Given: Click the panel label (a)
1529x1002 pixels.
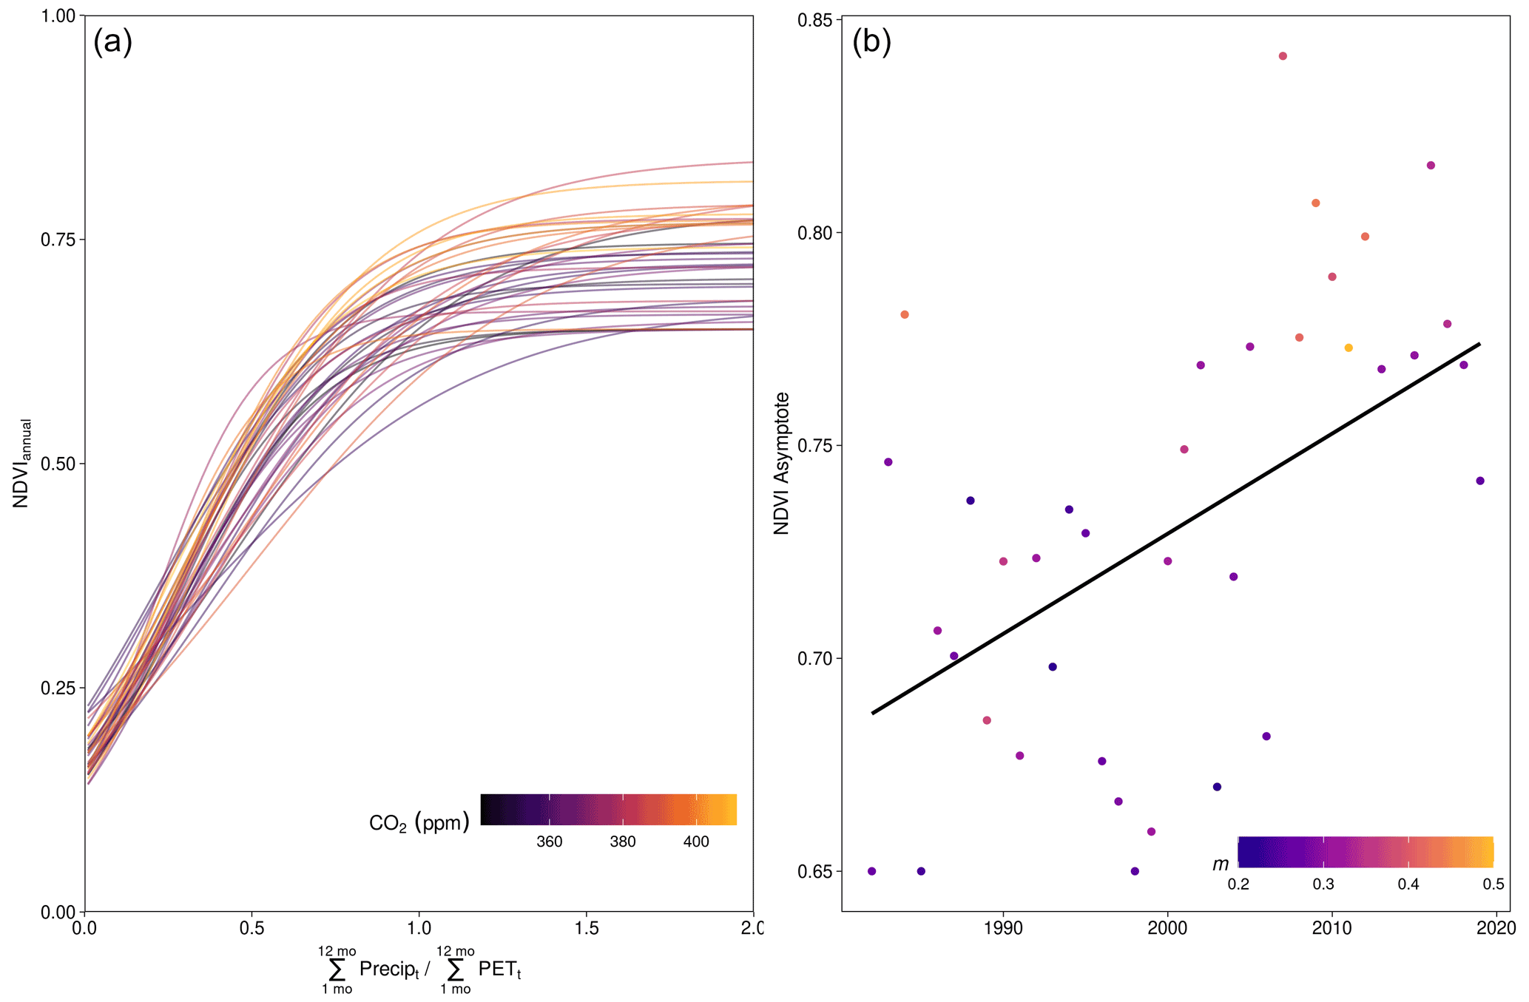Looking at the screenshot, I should click(112, 42).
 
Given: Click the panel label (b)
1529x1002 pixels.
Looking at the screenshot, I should click(871, 42).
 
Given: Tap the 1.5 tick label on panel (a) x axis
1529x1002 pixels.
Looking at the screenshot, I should click(586, 928).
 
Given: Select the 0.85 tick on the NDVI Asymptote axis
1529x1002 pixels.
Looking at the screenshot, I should click(815, 19).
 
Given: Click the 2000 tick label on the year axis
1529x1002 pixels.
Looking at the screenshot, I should click(1167, 928).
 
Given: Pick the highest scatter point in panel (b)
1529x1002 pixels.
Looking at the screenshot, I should click(1283, 56).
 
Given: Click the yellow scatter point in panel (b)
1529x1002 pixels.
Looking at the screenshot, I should click(1349, 348).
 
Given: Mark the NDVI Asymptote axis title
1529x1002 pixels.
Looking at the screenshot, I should click(782, 464).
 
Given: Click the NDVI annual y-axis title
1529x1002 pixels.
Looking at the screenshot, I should click(21, 464).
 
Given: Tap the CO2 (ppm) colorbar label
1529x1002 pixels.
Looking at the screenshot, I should click(419, 822).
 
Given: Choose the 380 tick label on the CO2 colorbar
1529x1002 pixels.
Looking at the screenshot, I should click(623, 842).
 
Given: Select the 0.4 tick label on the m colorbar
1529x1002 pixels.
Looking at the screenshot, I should click(1408, 884).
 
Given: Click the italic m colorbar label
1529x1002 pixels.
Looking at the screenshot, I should click(1220, 864).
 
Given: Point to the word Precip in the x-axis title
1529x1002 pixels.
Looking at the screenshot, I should click(388, 969).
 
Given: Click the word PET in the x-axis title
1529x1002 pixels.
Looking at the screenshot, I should click(499, 969).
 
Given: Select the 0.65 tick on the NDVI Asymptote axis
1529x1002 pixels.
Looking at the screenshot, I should click(815, 871).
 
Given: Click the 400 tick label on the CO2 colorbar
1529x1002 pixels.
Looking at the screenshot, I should click(695, 842).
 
